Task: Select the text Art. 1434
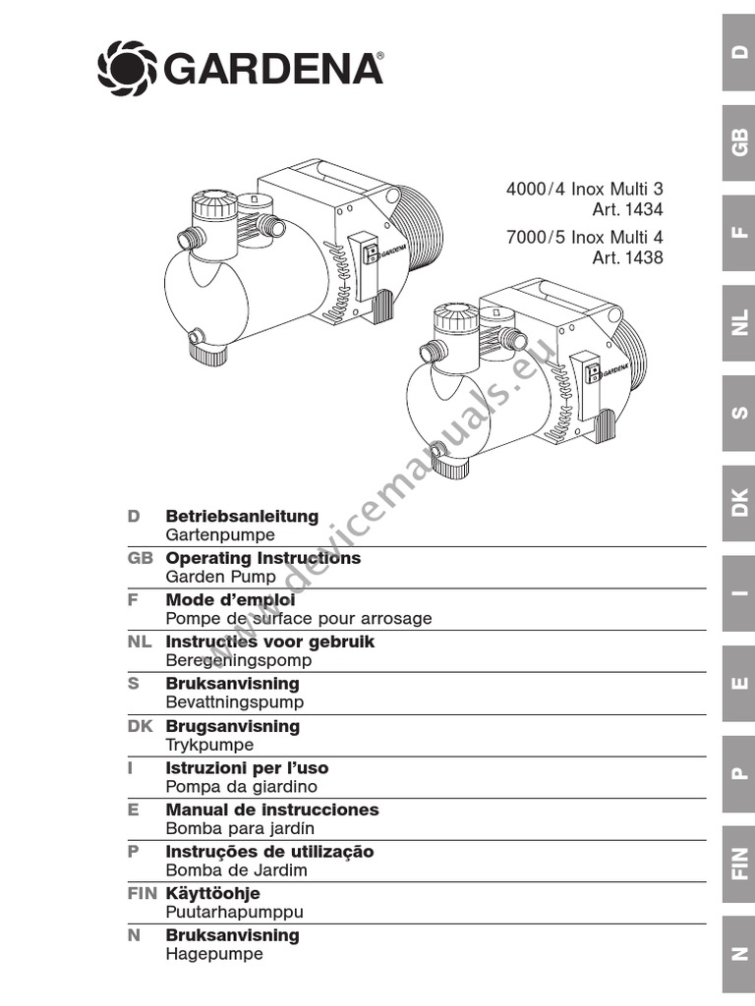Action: click(627, 209)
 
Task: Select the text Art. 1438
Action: click(627, 258)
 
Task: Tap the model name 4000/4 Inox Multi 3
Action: click(584, 189)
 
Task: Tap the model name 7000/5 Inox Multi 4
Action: click(584, 238)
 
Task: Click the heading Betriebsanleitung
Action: click(242, 516)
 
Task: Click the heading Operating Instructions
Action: click(262, 558)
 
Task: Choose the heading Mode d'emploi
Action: click(230, 599)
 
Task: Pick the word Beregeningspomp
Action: click(238, 661)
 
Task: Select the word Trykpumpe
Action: click(209, 746)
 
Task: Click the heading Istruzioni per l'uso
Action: click(247, 768)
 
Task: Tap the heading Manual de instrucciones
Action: click(271, 810)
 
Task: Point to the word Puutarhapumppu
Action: click(234, 913)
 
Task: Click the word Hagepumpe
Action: click(214, 954)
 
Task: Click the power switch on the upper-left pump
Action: click(370, 254)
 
